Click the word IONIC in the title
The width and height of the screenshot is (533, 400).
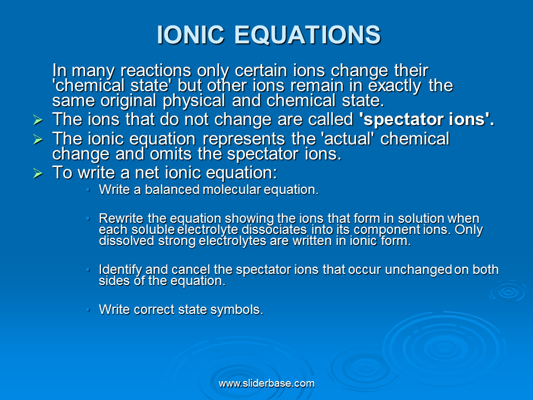click(x=190, y=34)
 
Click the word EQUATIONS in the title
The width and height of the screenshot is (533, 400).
click(x=307, y=34)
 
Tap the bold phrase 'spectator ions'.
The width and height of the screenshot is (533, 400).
click(x=426, y=119)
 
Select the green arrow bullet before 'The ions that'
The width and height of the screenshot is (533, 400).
click(x=38, y=120)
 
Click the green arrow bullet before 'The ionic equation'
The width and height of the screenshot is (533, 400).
click(x=38, y=139)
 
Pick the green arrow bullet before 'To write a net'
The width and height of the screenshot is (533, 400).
click(x=38, y=173)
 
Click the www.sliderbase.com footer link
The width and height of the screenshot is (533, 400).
click(x=266, y=383)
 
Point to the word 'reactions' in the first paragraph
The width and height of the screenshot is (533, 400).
click(x=155, y=71)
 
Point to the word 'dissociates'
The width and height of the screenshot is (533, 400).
click(x=274, y=229)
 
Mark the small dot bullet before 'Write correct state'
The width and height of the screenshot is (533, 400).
click(x=88, y=309)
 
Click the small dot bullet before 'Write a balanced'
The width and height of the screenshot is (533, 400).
click(x=88, y=189)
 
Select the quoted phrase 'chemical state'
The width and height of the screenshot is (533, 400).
click(x=111, y=86)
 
